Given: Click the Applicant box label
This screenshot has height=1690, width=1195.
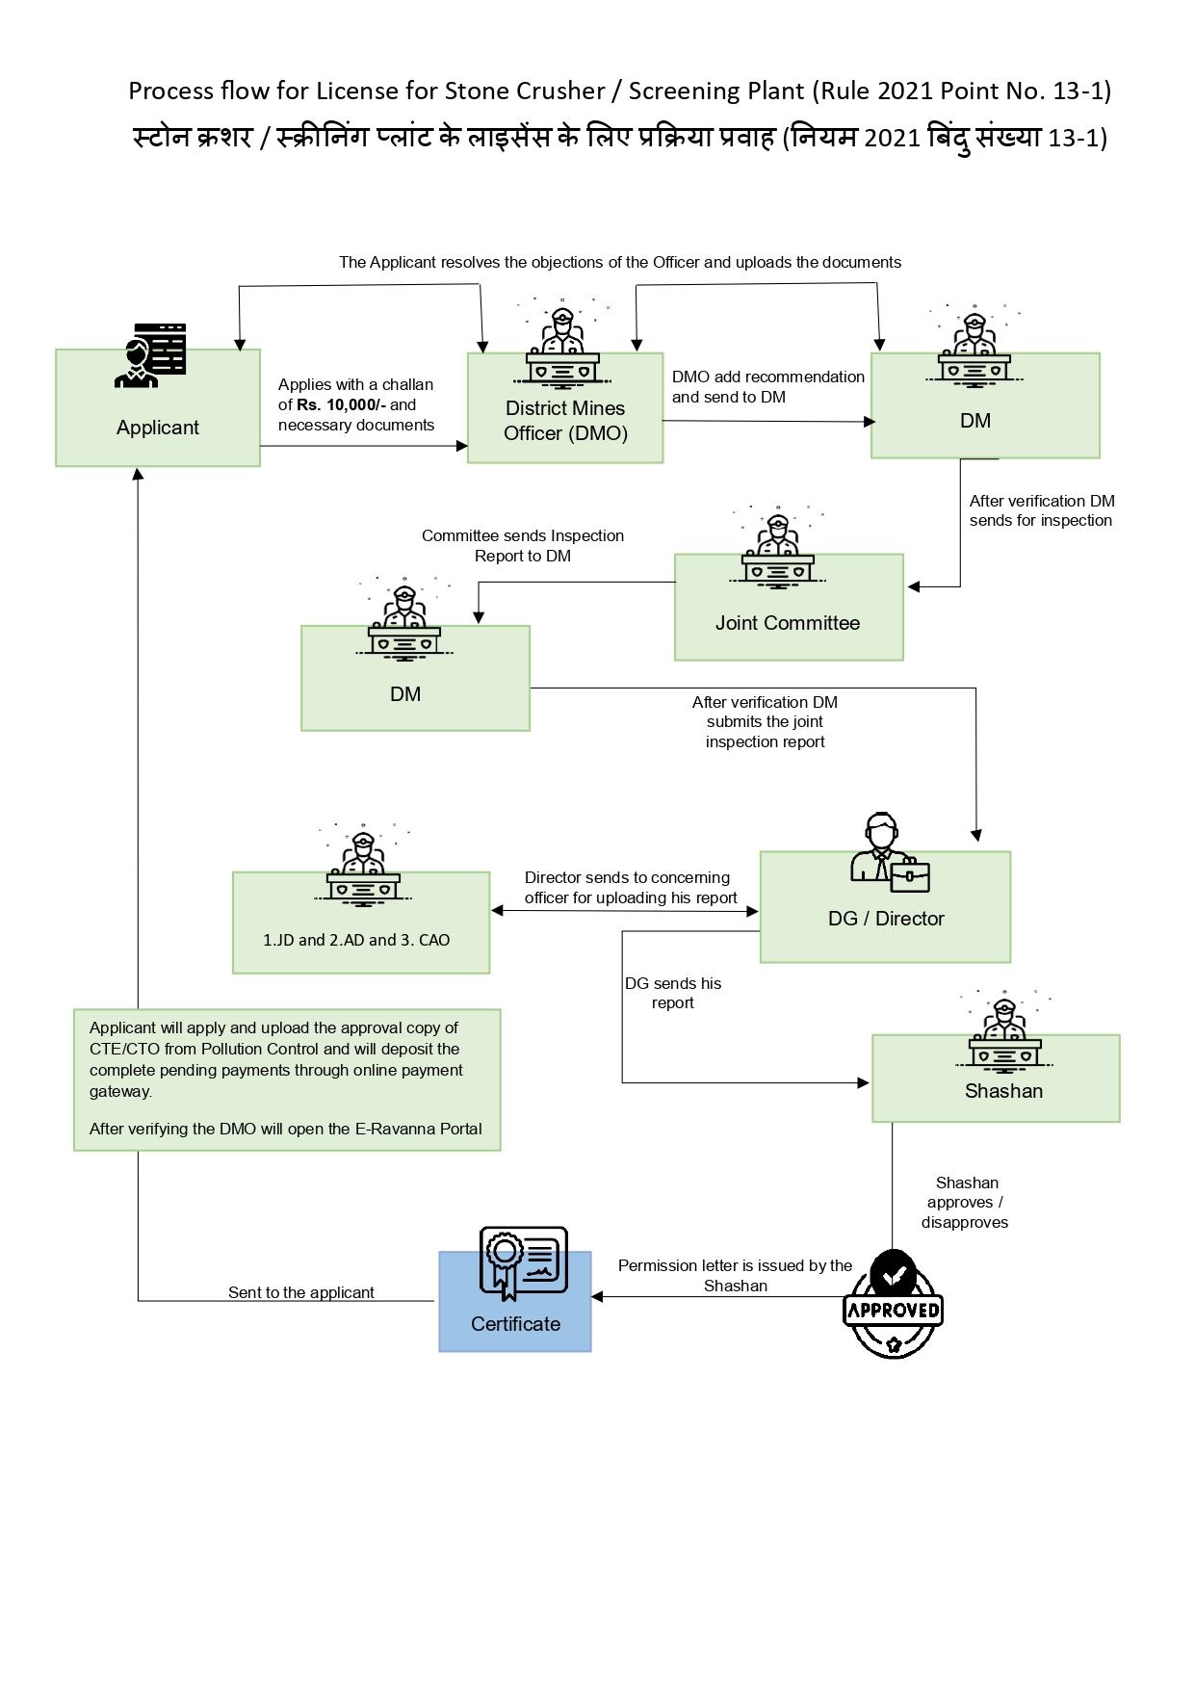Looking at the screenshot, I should click(157, 428).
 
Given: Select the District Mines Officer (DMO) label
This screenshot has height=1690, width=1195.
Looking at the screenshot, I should click(565, 421).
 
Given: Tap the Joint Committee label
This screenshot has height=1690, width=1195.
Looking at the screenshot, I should click(787, 623).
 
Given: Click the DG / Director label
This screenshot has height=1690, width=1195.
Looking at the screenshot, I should click(885, 919).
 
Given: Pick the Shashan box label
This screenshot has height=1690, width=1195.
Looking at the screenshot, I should click(1003, 1091).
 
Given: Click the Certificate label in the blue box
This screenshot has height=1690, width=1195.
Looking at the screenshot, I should click(515, 1324).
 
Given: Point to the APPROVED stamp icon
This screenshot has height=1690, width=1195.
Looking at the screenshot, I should click(893, 1306).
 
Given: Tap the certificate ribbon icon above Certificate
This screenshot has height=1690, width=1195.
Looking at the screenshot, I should click(523, 1262).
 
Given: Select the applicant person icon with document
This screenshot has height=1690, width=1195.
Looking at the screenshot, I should click(151, 355).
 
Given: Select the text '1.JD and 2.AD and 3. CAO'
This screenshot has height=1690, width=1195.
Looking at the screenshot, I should click(356, 940).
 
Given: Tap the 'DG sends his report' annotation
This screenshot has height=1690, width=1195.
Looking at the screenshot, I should click(672, 993).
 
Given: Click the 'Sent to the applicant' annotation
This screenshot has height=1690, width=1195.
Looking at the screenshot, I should click(300, 1292).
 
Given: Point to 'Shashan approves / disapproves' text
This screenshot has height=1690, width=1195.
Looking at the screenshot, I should click(965, 1202).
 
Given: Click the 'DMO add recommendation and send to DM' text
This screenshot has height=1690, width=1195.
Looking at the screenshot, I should click(766, 386).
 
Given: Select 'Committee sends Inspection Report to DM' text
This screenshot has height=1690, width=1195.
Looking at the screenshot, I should click(522, 545).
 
